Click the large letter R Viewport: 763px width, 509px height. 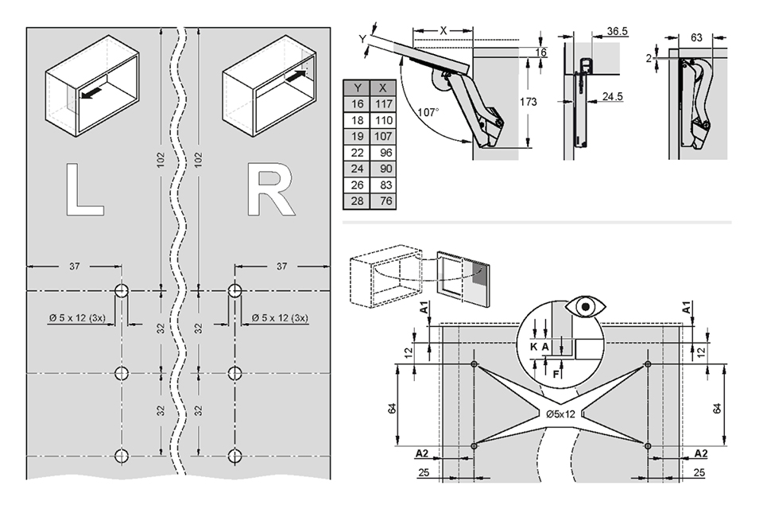(270, 190)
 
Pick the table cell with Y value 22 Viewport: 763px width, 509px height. (358, 152)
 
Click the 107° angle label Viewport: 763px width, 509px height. (428, 113)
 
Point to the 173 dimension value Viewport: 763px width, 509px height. (528, 102)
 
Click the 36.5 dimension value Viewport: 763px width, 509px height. (617, 31)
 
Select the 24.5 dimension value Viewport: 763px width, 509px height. (612, 97)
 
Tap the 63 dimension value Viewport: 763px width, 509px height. (696, 37)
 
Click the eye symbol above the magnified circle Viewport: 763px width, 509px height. (586, 306)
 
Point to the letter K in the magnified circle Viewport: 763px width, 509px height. (533, 347)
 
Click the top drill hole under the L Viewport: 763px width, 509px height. (122, 291)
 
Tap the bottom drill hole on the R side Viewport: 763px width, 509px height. (234, 456)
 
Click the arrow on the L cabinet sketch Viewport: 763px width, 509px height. (91, 94)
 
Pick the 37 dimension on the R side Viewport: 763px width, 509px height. (281, 266)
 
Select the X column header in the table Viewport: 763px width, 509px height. (383, 87)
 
